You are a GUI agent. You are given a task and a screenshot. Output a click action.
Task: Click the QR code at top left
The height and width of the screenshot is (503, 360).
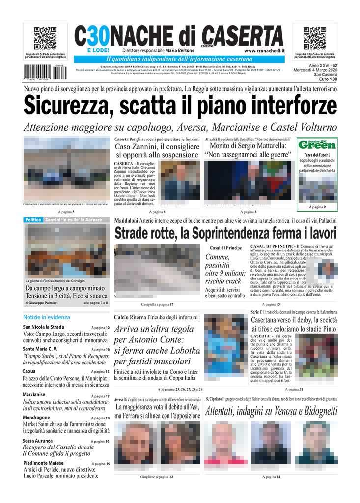coord(45,39)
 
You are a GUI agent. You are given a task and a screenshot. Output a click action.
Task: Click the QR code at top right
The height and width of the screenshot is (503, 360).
coord(315,39)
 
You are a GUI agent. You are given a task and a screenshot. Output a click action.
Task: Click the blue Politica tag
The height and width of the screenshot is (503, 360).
coord(33,220)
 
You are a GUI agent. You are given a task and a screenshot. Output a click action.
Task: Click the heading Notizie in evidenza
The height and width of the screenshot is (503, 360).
coord(46,317)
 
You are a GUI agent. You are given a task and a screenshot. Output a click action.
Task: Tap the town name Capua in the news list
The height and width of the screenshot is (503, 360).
coord(30,371)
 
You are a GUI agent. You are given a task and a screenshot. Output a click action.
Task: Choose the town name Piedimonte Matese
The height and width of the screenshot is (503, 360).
coord(43,463)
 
